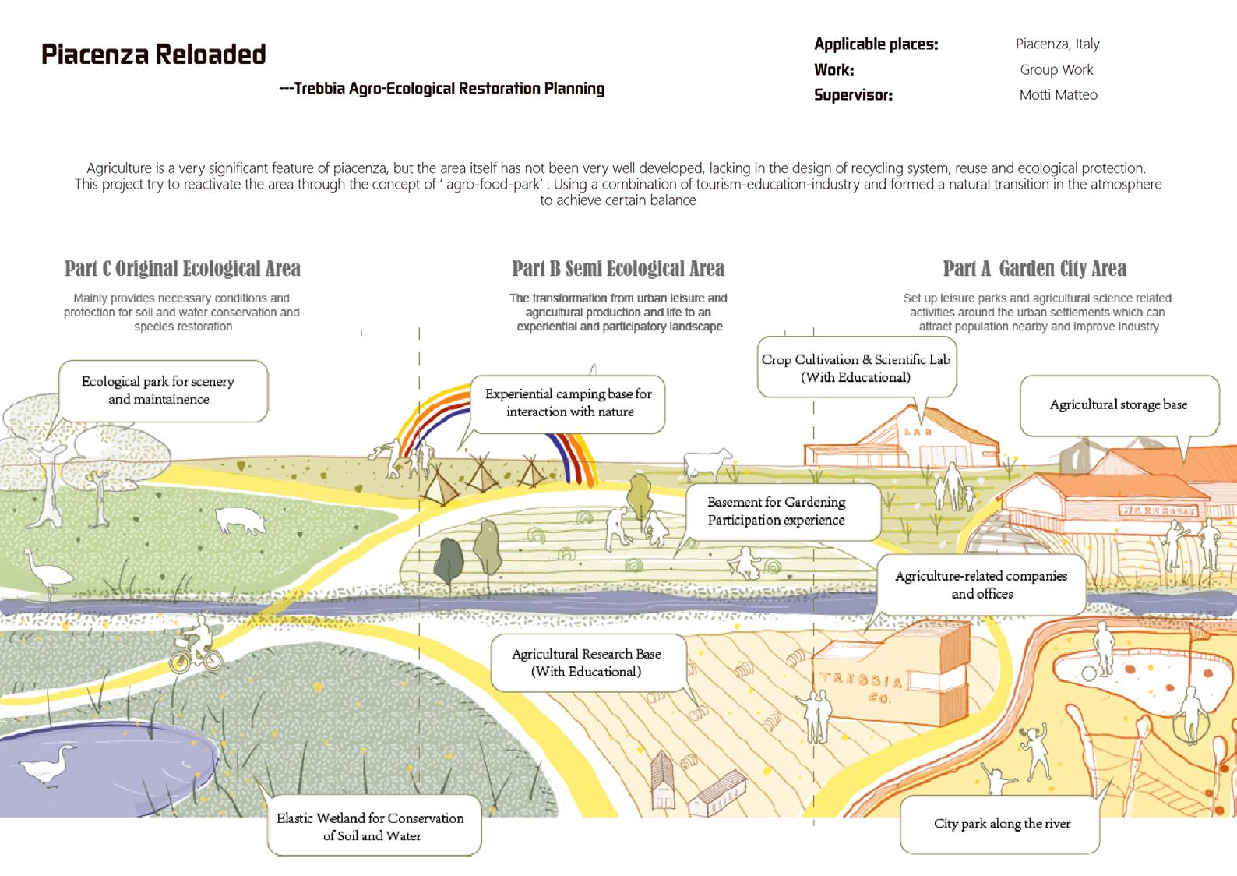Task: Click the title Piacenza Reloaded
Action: (x=153, y=55)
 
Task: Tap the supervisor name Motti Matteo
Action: (x=1058, y=95)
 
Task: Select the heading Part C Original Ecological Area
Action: (x=182, y=269)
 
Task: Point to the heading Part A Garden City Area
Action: (x=1034, y=269)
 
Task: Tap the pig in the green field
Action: (x=241, y=520)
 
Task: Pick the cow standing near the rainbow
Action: (x=707, y=463)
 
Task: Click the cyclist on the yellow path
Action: (x=197, y=645)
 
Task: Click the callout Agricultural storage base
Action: (x=1119, y=405)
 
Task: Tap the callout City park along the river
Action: (x=1001, y=824)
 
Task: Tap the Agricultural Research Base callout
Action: (x=587, y=662)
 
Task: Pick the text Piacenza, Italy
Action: (x=1057, y=44)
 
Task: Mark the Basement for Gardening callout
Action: (x=776, y=511)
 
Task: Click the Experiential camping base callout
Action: (x=569, y=403)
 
